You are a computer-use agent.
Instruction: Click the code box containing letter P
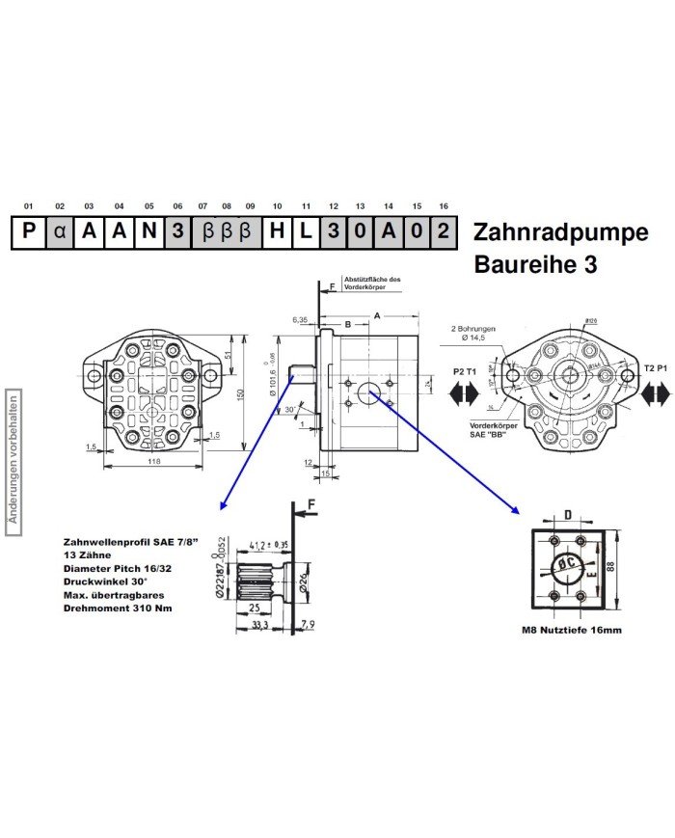tap(29, 232)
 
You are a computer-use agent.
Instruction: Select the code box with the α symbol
tap(60, 232)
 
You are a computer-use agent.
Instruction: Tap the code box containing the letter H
tap(277, 232)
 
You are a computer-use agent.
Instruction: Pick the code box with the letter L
tap(305, 232)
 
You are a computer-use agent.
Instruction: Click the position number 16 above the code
tap(444, 206)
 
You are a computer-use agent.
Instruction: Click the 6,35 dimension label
tap(300, 318)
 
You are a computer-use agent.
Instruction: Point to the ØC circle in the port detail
tap(567, 567)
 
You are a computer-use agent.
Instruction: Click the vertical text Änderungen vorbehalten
tap(13, 458)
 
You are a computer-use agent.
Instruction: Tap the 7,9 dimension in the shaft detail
tap(308, 626)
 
